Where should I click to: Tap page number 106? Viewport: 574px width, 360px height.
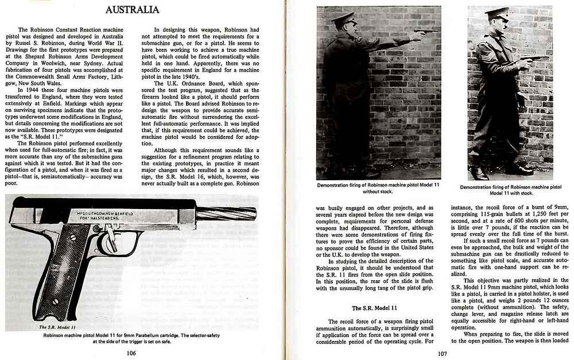pyautogui.click(x=131, y=353)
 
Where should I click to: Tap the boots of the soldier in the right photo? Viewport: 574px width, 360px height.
pyautogui.click(x=499, y=171)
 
